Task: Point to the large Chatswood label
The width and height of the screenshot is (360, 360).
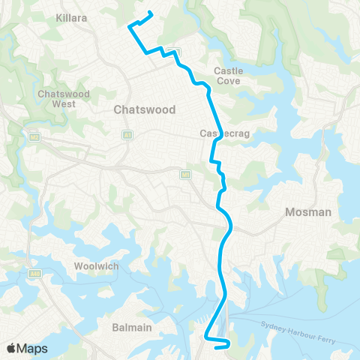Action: click(x=145, y=109)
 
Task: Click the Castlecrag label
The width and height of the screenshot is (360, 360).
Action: click(x=219, y=133)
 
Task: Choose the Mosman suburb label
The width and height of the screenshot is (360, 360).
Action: click(x=308, y=212)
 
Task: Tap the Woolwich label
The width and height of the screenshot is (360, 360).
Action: click(x=95, y=267)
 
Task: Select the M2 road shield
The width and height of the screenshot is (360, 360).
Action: click(x=33, y=137)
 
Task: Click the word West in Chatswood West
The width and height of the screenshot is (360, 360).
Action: click(x=64, y=104)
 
